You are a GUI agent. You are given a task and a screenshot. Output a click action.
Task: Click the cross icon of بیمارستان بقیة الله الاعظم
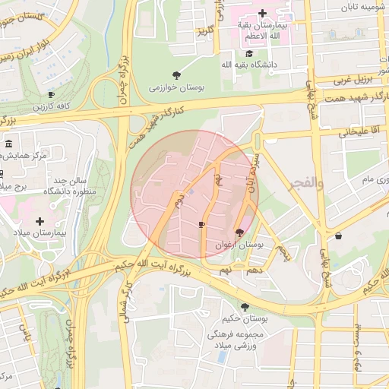pyautogui.click(x=262, y=13)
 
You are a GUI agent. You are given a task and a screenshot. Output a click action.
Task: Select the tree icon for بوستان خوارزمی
pyautogui.click(x=176, y=74)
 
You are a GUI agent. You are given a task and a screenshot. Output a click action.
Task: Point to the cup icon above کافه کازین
pyautogui.click(x=51, y=94)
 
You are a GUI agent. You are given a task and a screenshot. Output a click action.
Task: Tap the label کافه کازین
pyautogui.click(x=51, y=107)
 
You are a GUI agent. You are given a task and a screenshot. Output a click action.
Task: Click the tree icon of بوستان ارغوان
pyautogui.click(x=240, y=232)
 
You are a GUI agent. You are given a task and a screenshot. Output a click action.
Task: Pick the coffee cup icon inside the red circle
pyautogui.click(x=201, y=225)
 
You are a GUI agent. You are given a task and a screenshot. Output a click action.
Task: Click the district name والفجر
pyautogui.click(x=308, y=183)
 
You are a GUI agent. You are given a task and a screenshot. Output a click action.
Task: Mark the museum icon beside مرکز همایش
pyautogui.click(x=8, y=144)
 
